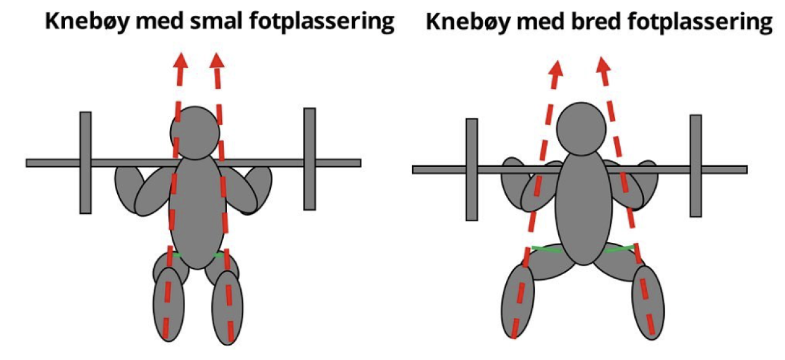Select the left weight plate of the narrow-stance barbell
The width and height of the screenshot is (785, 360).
[85, 163]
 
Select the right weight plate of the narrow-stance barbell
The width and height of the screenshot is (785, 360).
[310, 159]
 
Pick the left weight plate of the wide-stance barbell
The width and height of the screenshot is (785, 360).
[472, 169]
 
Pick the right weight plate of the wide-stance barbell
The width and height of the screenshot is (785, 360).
[695, 166]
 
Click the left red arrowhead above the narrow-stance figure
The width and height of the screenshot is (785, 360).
[180, 61]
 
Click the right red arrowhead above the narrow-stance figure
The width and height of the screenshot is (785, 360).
[216, 61]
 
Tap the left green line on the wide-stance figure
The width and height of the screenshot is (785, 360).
[545, 248]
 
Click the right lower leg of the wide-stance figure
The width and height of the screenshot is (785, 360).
[648, 301]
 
